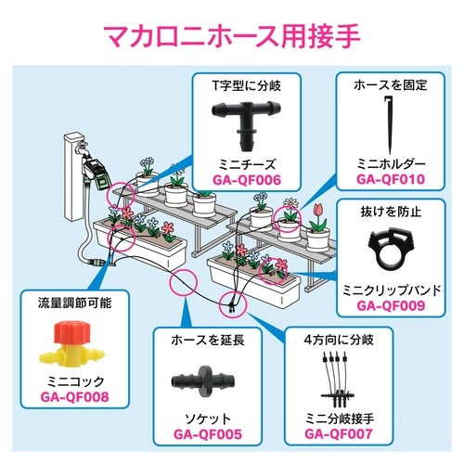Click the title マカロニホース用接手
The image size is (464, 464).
(232, 40)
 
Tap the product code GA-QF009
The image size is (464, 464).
(391, 303)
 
